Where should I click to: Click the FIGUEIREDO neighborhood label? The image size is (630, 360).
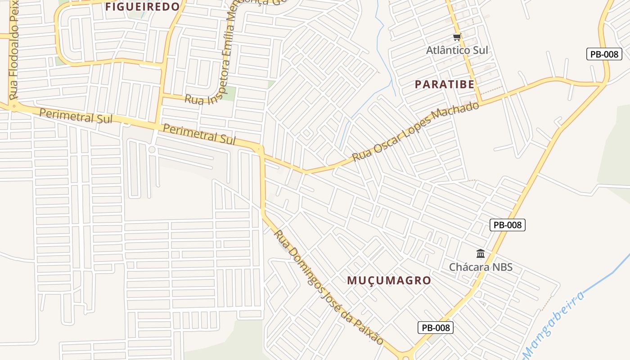coord(142,7)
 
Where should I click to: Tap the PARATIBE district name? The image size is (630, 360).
coord(445,84)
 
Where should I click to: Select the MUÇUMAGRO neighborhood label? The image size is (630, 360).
coord(389,280)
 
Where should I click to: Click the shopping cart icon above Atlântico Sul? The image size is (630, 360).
coord(457,37)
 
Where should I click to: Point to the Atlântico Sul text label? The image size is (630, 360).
coord(457,50)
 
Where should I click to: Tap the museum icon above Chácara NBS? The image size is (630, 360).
coord(481,254)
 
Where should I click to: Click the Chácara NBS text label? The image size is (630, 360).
coord(481,267)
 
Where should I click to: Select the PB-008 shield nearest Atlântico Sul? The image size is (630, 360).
coord(604,54)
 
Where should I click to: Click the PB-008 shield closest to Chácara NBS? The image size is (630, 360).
coord(508,225)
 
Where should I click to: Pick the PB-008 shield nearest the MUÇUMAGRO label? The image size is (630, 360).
coord(435,328)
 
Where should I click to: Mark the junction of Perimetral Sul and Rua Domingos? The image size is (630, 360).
coord(260,149)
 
